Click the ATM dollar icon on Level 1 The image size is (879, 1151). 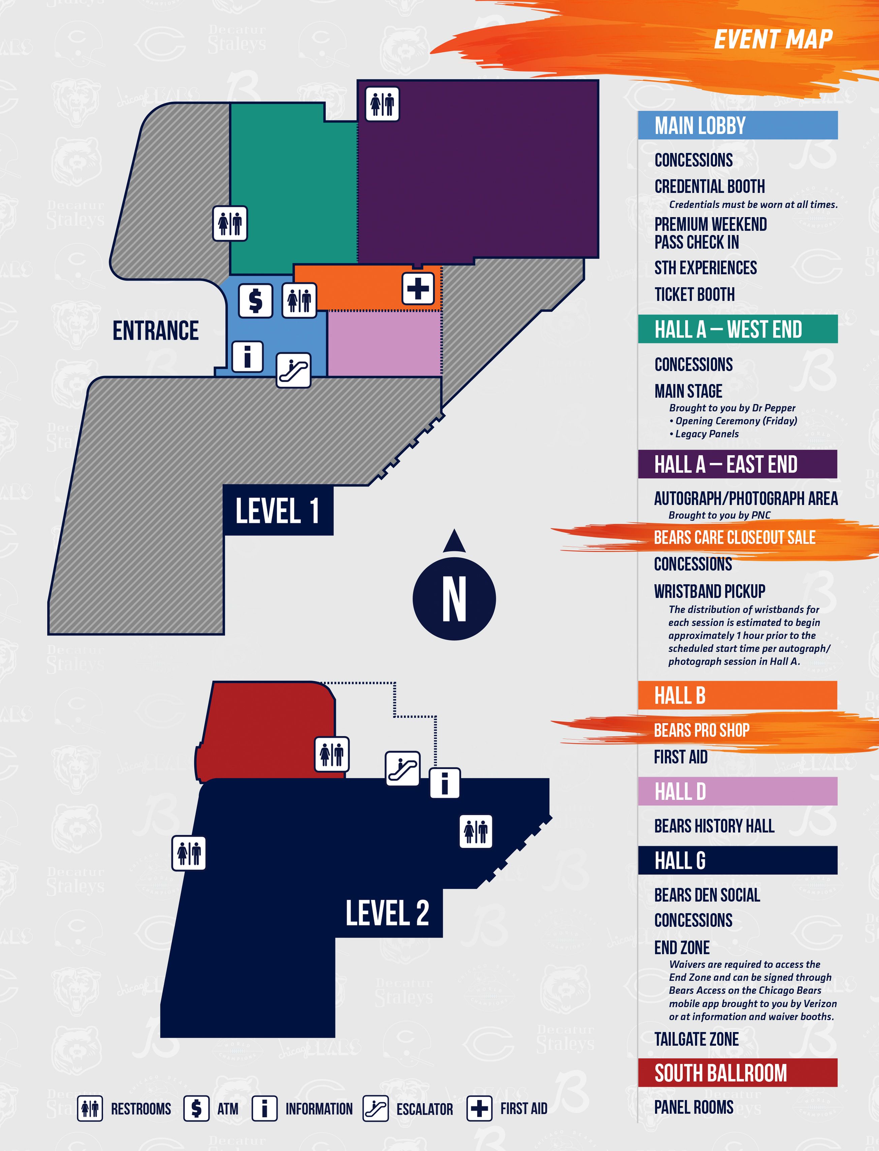pyautogui.click(x=255, y=301)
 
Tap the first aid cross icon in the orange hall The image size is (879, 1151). pyautogui.click(x=417, y=288)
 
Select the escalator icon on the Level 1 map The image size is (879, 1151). pyautogui.click(x=293, y=371)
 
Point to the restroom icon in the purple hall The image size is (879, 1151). pyautogui.click(x=382, y=104)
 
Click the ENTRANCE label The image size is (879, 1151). pyautogui.click(x=155, y=331)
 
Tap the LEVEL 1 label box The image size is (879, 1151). pyautogui.click(x=278, y=510)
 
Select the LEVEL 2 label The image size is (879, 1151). pyautogui.click(x=387, y=913)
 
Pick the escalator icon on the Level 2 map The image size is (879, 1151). pyautogui.click(x=402, y=769)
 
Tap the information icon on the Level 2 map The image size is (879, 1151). pyautogui.click(x=445, y=783)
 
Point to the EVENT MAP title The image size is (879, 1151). pyautogui.click(x=773, y=40)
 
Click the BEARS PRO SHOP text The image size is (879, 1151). pyautogui.click(x=702, y=730)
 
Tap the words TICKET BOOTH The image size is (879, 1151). pyautogui.click(x=694, y=294)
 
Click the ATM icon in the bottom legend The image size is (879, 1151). pyautogui.click(x=196, y=1109)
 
